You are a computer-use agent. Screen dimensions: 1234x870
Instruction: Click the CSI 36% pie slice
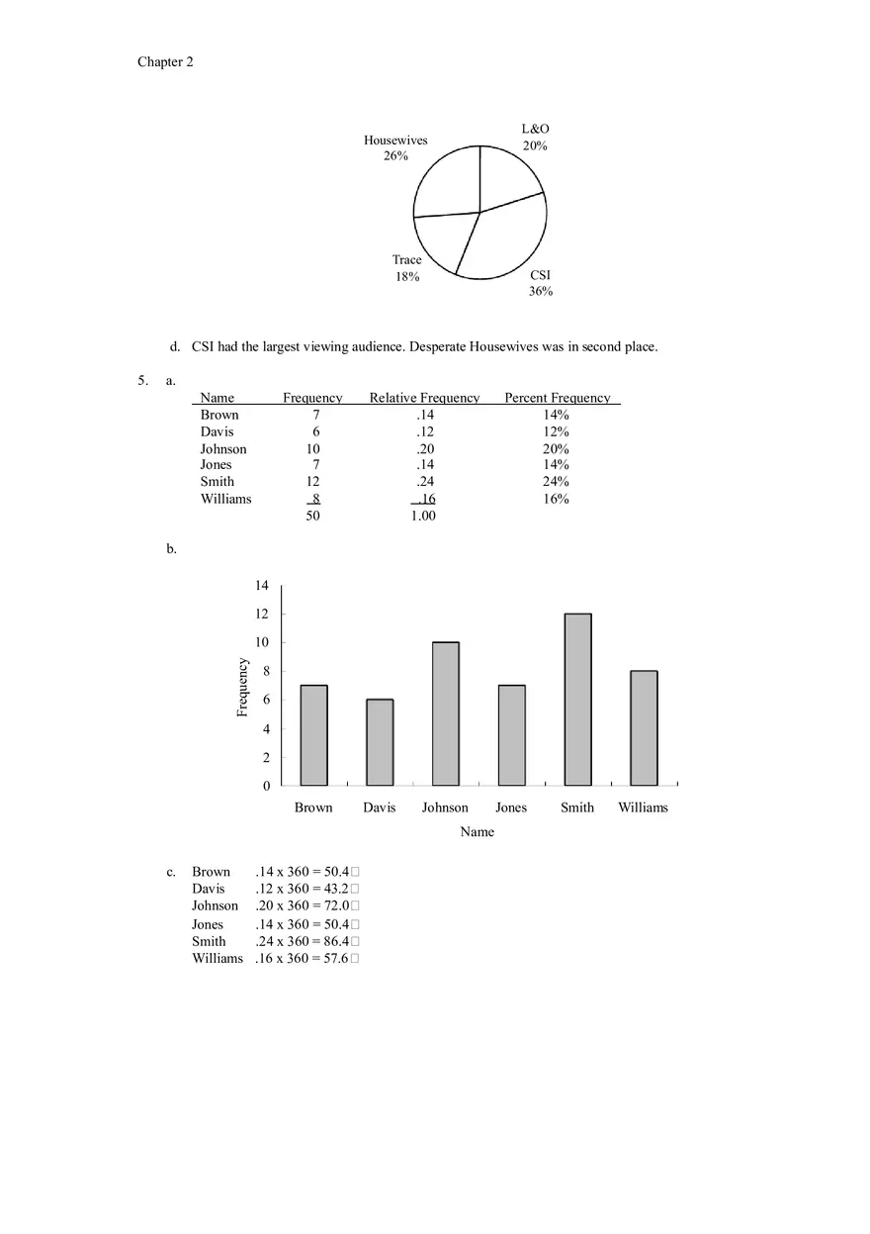504,242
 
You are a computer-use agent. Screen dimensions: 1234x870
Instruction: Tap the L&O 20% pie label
535,138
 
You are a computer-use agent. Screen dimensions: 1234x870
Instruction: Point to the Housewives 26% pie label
395,148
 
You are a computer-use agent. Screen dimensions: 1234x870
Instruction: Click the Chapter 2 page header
165,62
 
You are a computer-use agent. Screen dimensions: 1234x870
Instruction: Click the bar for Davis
380,742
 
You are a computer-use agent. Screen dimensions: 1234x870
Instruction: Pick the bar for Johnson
445,713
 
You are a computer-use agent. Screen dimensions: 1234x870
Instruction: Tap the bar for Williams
644,728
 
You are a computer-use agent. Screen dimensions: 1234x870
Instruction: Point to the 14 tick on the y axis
262,586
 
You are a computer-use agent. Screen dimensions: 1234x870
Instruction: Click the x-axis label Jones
511,807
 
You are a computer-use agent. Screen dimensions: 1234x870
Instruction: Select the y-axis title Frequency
243,687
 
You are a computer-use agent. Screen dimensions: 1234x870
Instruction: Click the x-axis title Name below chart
477,832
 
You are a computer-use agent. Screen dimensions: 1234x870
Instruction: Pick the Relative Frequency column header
424,398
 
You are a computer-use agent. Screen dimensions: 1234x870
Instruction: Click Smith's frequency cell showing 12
312,482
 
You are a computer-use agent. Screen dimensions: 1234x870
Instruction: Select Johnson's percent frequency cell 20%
556,449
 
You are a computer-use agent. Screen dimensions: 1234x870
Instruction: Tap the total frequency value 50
312,516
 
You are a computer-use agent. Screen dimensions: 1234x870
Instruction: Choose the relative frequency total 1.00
423,516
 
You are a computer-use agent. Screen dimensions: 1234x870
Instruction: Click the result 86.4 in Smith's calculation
335,942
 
